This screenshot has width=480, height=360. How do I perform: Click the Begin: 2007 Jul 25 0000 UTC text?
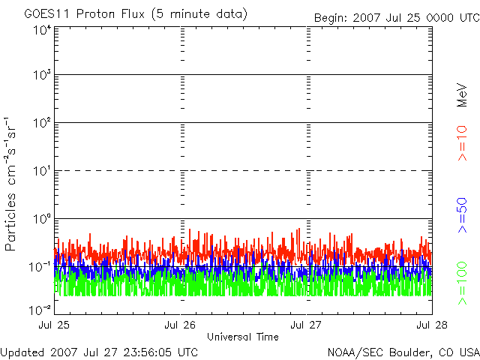pyautogui.click(x=397, y=18)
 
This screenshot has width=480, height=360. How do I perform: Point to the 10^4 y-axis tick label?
pyautogui.click(x=42, y=31)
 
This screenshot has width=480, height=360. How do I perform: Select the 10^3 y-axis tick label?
pyautogui.click(x=42, y=75)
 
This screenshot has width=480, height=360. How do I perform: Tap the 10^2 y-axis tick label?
pyautogui.click(x=42, y=123)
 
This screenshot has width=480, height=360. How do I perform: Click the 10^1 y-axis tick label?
pyautogui.click(x=42, y=171)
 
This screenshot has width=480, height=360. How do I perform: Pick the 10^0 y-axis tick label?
pyautogui.click(x=42, y=219)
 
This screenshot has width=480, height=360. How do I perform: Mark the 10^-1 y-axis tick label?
pyautogui.click(x=40, y=267)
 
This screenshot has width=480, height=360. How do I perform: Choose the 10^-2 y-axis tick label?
pyautogui.click(x=40, y=310)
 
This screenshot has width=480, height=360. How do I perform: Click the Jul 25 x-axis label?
pyautogui.click(x=54, y=325)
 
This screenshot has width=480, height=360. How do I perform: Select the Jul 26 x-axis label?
pyautogui.click(x=180, y=325)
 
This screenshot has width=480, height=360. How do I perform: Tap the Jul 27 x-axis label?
pyautogui.click(x=306, y=325)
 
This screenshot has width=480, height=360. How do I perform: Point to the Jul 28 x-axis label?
pyautogui.click(x=432, y=325)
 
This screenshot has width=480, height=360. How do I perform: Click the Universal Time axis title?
pyautogui.click(x=243, y=337)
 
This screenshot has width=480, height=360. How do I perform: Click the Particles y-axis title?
pyautogui.click(x=10, y=222)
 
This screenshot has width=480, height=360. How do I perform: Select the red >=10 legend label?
pyautogui.click(x=462, y=143)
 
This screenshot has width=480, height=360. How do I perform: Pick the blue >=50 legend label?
pyautogui.click(x=462, y=215)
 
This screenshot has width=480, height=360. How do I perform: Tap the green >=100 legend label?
pyautogui.click(x=462, y=283)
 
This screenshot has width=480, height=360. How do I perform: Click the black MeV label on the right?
pyautogui.click(x=462, y=95)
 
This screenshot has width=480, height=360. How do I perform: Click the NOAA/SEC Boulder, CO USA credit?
pyautogui.click(x=403, y=352)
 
